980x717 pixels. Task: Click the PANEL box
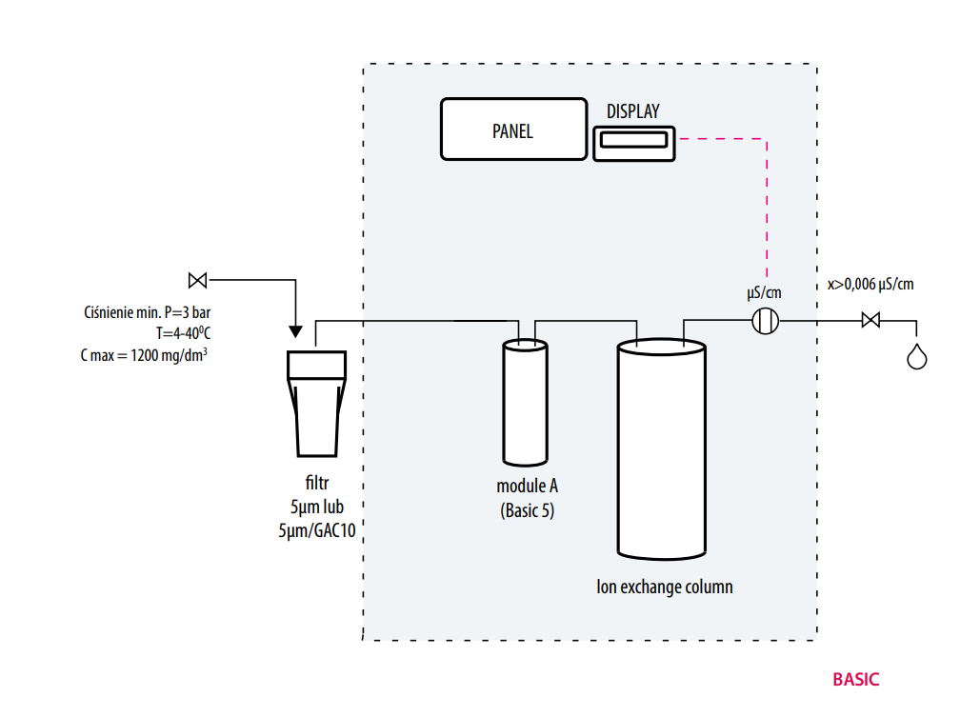point(513,129)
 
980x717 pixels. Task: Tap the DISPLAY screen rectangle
point(633,142)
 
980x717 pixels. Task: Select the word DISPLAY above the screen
point(632,111)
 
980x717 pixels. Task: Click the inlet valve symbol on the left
point(198,280)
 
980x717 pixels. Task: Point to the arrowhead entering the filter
point(295,332)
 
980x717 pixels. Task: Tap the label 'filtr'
point(317,484)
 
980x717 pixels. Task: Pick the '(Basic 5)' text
point(527,510)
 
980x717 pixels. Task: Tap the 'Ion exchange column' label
point(664,587)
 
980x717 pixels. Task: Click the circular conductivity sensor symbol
point(766,321)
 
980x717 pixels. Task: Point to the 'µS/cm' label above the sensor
point(766,292)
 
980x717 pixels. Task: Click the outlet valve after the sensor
point(870,321)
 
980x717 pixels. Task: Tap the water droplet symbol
point(916,356)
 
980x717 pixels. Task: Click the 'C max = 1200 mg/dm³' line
point(145,354)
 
